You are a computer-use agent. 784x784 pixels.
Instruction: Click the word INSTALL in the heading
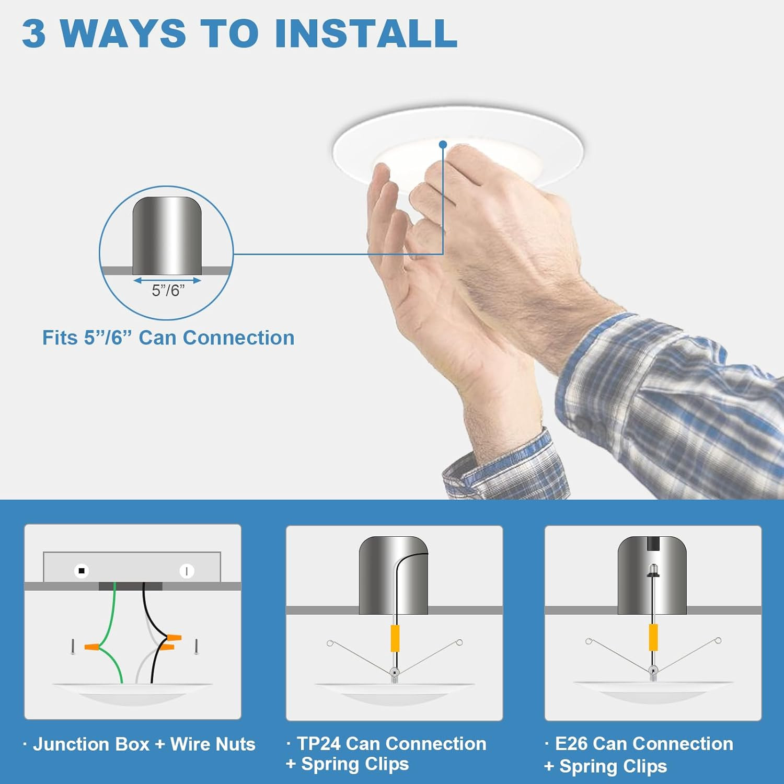coord(366,33)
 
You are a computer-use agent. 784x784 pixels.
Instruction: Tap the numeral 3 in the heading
coord(34,33)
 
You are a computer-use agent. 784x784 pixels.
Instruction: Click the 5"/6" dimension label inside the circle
coord(168,291)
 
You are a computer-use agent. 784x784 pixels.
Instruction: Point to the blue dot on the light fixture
coord(443,144)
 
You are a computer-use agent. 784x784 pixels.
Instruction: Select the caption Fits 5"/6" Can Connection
coord(168,338)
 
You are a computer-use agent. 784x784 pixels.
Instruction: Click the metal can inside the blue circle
coord(167,235)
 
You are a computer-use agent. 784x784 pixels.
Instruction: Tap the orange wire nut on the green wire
coord(92,647)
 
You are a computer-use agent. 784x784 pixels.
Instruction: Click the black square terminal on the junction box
coord(81,571)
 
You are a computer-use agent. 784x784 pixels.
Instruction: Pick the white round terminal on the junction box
coord(187,571)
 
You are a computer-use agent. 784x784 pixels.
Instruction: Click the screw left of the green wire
coord(73,647)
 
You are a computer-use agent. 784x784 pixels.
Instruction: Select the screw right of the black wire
coord(196,647)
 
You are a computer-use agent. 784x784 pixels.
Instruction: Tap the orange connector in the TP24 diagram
coord(395,638)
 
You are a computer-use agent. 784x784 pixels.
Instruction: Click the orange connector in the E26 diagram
coord(653,637)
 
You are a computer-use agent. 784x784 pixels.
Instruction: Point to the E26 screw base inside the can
coord(653,571)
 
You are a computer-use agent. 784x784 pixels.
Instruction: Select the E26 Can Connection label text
coord(644,743)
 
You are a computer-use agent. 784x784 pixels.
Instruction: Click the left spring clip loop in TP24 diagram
coord(330,643)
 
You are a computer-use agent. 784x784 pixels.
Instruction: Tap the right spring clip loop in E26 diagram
coord(718,640)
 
